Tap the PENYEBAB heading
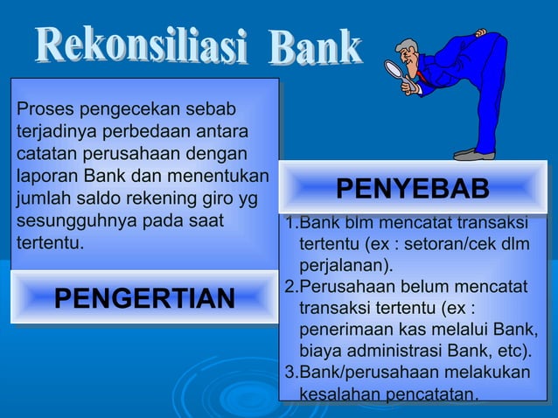click(x=413, y=190)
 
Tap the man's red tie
click(x=425, y=80)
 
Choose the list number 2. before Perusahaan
click(x=292, y=287)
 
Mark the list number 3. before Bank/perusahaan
click(x=292, y=373)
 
